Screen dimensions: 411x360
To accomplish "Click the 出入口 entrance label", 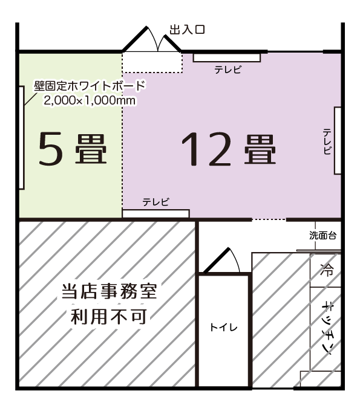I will tap(187, 30).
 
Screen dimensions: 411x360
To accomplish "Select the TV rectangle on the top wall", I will tap(227, 57).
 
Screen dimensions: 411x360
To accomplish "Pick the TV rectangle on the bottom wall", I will tap(156, 213).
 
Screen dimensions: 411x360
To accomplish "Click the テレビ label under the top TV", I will tap(228, 70).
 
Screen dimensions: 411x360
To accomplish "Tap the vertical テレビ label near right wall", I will tap(327, 141).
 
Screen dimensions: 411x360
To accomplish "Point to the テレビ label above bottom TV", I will tap(155, 202).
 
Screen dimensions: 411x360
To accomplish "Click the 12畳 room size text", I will tap(228, 149).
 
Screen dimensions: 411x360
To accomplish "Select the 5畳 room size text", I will tap(72, 149).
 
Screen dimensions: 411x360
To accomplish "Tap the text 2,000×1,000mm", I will tap(90, 101).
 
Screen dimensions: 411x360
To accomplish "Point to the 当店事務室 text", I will tap(109, 293).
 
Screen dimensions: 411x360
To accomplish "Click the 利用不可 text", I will tap(109, 316).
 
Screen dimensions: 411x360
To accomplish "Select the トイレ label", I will tap(223, 328).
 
